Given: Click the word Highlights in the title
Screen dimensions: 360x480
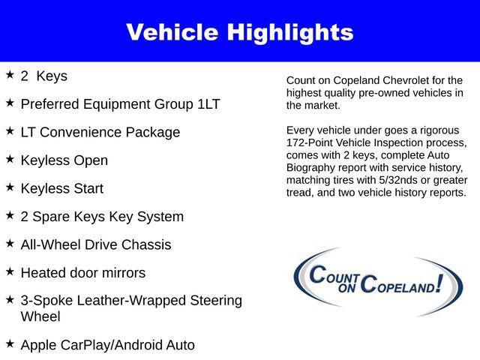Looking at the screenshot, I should pos(292,32).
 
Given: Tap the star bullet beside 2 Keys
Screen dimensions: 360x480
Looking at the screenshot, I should pos(10,75).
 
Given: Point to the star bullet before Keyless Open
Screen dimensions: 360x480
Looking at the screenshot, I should pos(10,159).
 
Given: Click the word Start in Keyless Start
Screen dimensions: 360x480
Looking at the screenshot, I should pos(87,189).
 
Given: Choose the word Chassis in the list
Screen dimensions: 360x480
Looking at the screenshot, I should pos(146,245).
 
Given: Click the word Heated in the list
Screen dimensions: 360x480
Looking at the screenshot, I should pos(43,273).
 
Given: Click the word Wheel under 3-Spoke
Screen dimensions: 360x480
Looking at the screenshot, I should pos(40,316).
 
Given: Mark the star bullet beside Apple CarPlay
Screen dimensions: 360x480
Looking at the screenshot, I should pos(10,343).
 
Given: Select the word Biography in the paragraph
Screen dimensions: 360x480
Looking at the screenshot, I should pos(313,168).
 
